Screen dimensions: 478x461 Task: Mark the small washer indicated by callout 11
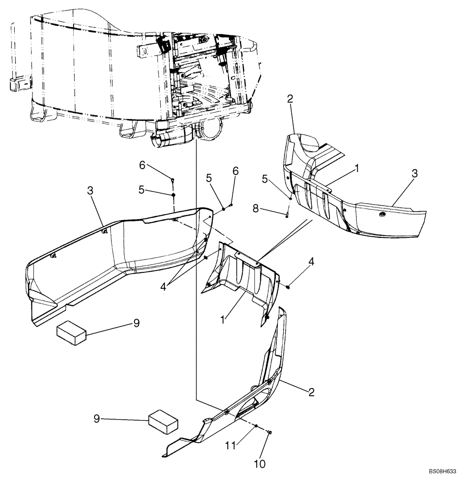256,426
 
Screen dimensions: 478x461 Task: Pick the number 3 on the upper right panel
415,174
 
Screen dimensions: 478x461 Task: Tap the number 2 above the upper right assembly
290,99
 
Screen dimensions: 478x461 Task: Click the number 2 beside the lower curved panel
311,392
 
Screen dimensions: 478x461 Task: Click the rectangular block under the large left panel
71,332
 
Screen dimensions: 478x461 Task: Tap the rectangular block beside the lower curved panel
164,422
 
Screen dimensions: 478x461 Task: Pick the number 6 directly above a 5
142,165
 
